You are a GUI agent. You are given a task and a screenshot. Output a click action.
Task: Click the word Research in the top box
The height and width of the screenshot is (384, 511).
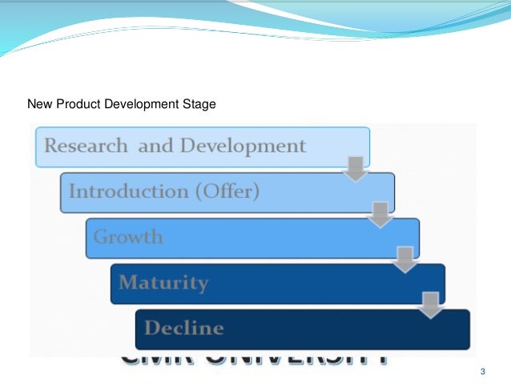tap(85, 146)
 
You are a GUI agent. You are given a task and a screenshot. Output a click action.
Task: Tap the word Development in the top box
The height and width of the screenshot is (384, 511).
tap(243, 146)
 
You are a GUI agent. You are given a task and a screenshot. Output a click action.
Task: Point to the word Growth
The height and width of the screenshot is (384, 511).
tap(128, 237)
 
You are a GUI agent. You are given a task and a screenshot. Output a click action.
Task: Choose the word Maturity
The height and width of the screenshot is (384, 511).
tap(163, 282)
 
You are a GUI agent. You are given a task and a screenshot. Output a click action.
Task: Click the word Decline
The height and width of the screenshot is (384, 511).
tap(184, 328)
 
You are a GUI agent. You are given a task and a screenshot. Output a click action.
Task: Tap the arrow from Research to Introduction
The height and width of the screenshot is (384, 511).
tap(356, 169)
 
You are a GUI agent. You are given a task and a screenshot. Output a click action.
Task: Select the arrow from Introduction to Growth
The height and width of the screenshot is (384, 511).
tap(381, 214)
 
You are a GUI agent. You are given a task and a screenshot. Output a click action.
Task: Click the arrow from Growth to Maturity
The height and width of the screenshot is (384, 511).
tap(406, 260)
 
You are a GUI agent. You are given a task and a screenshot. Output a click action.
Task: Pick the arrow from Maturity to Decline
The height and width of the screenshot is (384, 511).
tap(431, 305)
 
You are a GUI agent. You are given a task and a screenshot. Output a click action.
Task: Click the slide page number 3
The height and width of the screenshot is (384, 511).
tap(482, 371)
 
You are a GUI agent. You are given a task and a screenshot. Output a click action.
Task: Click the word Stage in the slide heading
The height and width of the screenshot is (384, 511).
tap(200, 104)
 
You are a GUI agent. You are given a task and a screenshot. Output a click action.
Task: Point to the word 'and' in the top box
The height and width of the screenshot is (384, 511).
tap(153, 146)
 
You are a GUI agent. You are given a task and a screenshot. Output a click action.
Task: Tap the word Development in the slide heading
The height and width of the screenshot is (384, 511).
tap(139, 104)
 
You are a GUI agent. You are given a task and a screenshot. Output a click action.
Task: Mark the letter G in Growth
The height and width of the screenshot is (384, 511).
tap(100, 237)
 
